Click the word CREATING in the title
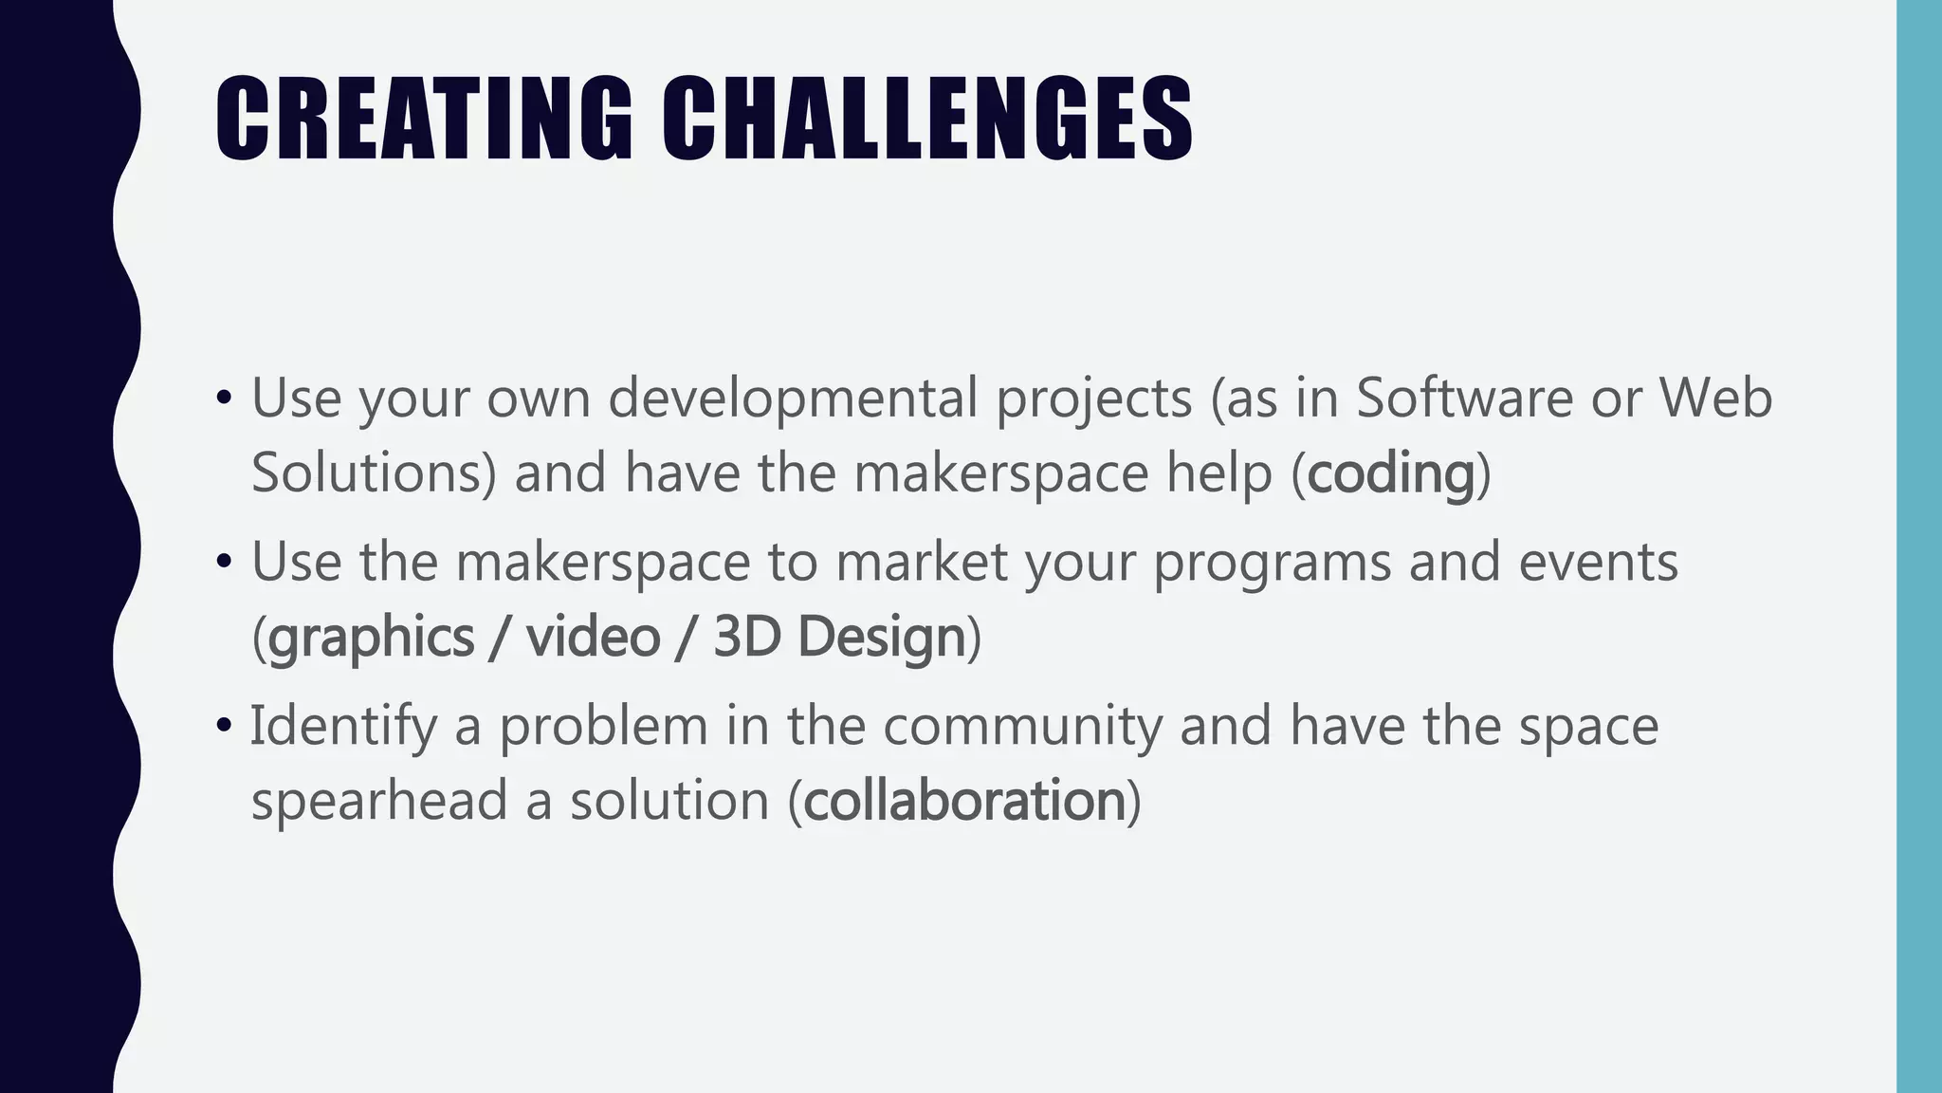423,119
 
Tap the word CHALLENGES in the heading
926,119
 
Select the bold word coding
1390,473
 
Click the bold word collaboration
964,800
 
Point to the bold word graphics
371,637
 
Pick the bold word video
593,637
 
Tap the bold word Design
881,637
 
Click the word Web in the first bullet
1715,397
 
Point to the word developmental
793,397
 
